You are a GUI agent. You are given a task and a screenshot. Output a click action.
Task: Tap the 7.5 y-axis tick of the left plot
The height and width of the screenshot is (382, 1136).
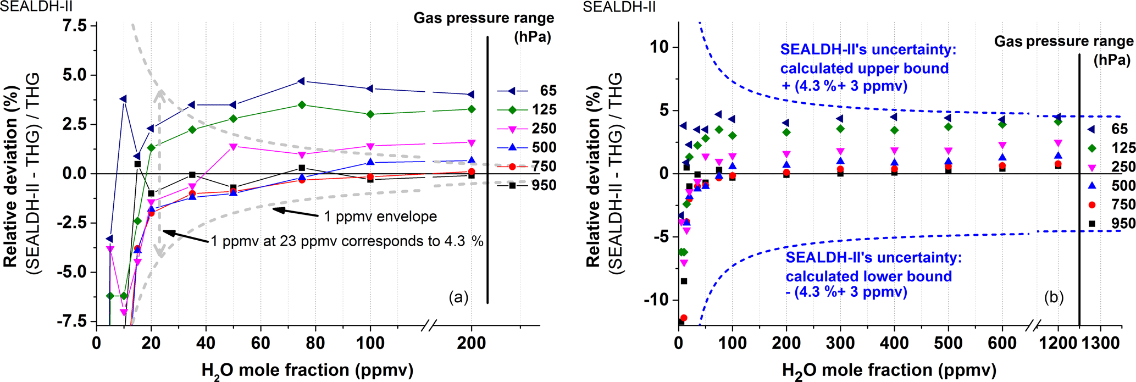75,26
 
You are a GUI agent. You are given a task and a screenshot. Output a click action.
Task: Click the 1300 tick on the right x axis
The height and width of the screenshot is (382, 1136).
1100,343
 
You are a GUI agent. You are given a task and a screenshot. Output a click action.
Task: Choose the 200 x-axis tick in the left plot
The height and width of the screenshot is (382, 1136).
471,343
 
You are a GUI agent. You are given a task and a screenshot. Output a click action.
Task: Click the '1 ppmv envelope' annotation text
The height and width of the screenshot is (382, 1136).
380,217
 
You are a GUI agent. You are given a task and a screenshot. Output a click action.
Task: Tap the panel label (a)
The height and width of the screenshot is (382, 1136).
458,297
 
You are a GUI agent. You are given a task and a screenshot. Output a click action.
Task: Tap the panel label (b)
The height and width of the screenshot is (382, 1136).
1054,297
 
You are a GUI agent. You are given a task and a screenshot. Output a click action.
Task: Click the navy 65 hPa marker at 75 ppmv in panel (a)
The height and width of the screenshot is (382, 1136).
301,81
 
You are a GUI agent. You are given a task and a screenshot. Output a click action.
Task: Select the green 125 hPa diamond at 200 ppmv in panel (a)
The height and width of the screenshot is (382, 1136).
471,109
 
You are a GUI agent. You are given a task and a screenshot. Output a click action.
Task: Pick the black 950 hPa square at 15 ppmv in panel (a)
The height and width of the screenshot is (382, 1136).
137,164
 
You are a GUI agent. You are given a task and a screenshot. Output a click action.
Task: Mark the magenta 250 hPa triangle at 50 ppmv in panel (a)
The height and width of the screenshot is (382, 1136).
233,147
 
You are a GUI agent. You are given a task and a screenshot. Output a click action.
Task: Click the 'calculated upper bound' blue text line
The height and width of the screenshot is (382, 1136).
865,68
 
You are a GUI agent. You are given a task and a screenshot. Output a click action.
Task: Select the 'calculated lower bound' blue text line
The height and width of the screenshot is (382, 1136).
868,276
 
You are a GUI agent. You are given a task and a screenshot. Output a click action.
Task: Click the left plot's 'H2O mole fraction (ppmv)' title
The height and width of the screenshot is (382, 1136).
307,370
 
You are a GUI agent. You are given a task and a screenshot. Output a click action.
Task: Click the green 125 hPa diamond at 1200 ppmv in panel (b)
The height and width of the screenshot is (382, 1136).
1058,122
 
